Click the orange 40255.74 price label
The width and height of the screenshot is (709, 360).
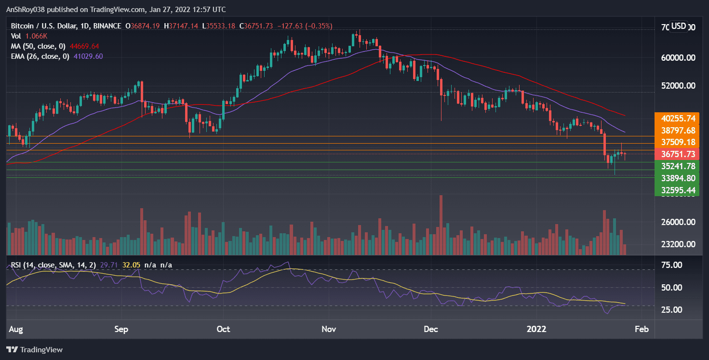click(x=678, y=118)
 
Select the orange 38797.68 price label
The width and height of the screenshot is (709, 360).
click(x=678, y=130)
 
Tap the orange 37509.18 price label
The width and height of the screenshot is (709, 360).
click(x=678, y=142)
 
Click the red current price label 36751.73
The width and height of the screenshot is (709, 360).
click(x=678, y=154)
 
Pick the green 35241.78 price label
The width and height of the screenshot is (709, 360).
click(x=678, y=166)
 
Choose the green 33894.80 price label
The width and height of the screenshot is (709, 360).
click(x=678, y=178)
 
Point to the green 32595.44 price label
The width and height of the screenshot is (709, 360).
click(x=678, y=190)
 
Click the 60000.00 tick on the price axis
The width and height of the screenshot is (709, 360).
click(x=678, y=58)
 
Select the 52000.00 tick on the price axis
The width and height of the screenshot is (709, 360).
click(x=678, y=86)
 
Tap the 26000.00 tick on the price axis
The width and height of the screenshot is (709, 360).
click(x=678, y=223)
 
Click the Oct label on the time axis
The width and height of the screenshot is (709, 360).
click(x=223, y=329)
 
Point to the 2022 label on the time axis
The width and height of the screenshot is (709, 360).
click(x=536, y=329)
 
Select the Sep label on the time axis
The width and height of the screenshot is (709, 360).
click(x=121, y=329)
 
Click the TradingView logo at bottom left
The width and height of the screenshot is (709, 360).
click(x=35, y=350)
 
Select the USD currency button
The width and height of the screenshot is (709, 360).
click(x=679, y=26)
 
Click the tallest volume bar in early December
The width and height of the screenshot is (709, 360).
click(x=441, y=225)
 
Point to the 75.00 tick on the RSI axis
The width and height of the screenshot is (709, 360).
click(x=670, y=265)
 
